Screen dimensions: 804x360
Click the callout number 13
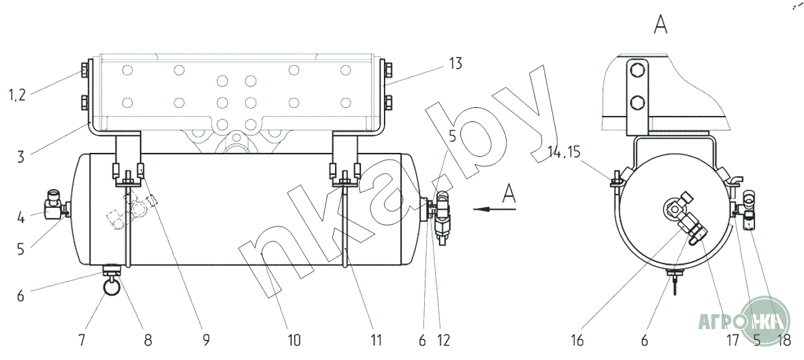(456, 64)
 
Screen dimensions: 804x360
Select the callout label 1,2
(17, 95)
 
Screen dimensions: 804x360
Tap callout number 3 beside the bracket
(21, 157)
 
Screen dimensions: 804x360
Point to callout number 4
(21, 217)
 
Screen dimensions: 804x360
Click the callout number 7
(82, 340)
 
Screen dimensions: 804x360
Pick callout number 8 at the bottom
(148, 340)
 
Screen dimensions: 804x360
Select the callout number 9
(206, 340)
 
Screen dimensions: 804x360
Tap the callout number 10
(293, 340)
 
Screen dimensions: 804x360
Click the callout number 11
(376, 340)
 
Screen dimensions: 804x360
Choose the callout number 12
(444, 340)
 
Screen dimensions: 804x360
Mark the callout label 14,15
(564, 152)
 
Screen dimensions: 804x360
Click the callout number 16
(577, 340)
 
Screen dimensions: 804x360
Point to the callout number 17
(733, 340)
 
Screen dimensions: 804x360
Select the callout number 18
(785, 340)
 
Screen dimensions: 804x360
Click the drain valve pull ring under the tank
(111, 287)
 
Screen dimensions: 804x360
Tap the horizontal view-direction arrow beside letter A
(494, 208)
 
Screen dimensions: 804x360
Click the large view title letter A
(661, 25)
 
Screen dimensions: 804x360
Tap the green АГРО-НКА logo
(745, 320)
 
